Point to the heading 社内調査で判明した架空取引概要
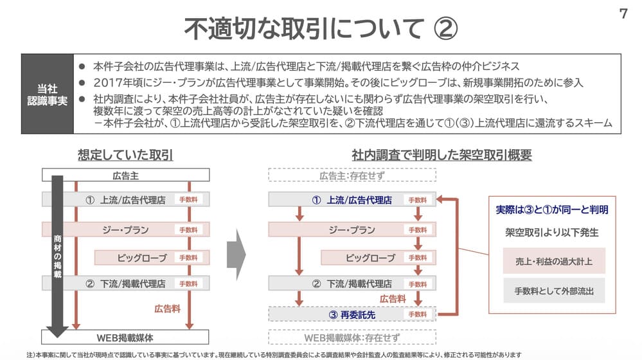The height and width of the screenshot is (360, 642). click(441, 155)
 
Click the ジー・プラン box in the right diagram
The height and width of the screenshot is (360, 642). click(352, 230)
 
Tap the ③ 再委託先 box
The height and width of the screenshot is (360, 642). click(352, 314)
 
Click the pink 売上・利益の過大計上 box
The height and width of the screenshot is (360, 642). click(554, 261)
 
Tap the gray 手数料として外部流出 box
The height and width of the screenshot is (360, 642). click(554, 291)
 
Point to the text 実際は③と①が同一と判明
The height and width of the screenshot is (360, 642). click(552, 210)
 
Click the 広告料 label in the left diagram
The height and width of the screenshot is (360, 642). click(167, 309)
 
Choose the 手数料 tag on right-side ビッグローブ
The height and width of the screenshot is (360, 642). click(418, 258)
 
